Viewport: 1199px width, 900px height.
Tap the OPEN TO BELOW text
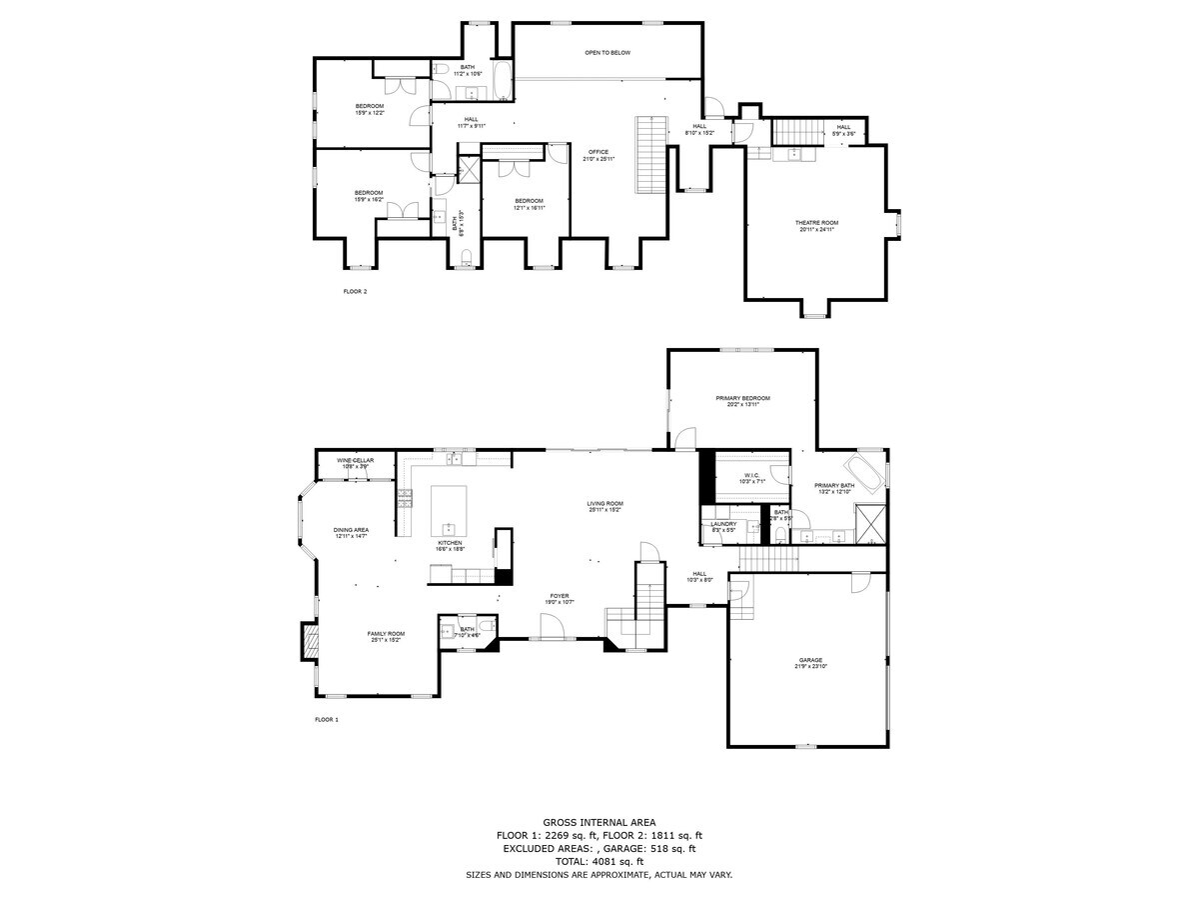point(607,52)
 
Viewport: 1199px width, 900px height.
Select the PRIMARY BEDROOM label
point(742,398)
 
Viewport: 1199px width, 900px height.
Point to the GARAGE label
point(809,660)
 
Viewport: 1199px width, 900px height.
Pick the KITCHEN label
point(449,543)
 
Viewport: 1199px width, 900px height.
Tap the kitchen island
point(449,512)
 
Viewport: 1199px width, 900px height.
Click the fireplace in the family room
point(310,642)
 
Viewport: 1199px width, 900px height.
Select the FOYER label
point(560,598)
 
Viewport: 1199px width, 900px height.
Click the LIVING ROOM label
point(604,504)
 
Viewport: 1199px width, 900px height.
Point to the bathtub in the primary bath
point(865,472)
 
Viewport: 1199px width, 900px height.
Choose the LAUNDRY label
point(723,524)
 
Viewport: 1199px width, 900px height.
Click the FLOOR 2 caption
point(355,292)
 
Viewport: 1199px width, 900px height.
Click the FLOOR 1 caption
point(327,720)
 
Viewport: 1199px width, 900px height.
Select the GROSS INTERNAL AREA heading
point(599,822)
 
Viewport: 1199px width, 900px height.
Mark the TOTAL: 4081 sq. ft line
point(599,861)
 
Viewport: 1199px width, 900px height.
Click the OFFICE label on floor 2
point(599,152)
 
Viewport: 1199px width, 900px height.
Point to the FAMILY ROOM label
point(386,634)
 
